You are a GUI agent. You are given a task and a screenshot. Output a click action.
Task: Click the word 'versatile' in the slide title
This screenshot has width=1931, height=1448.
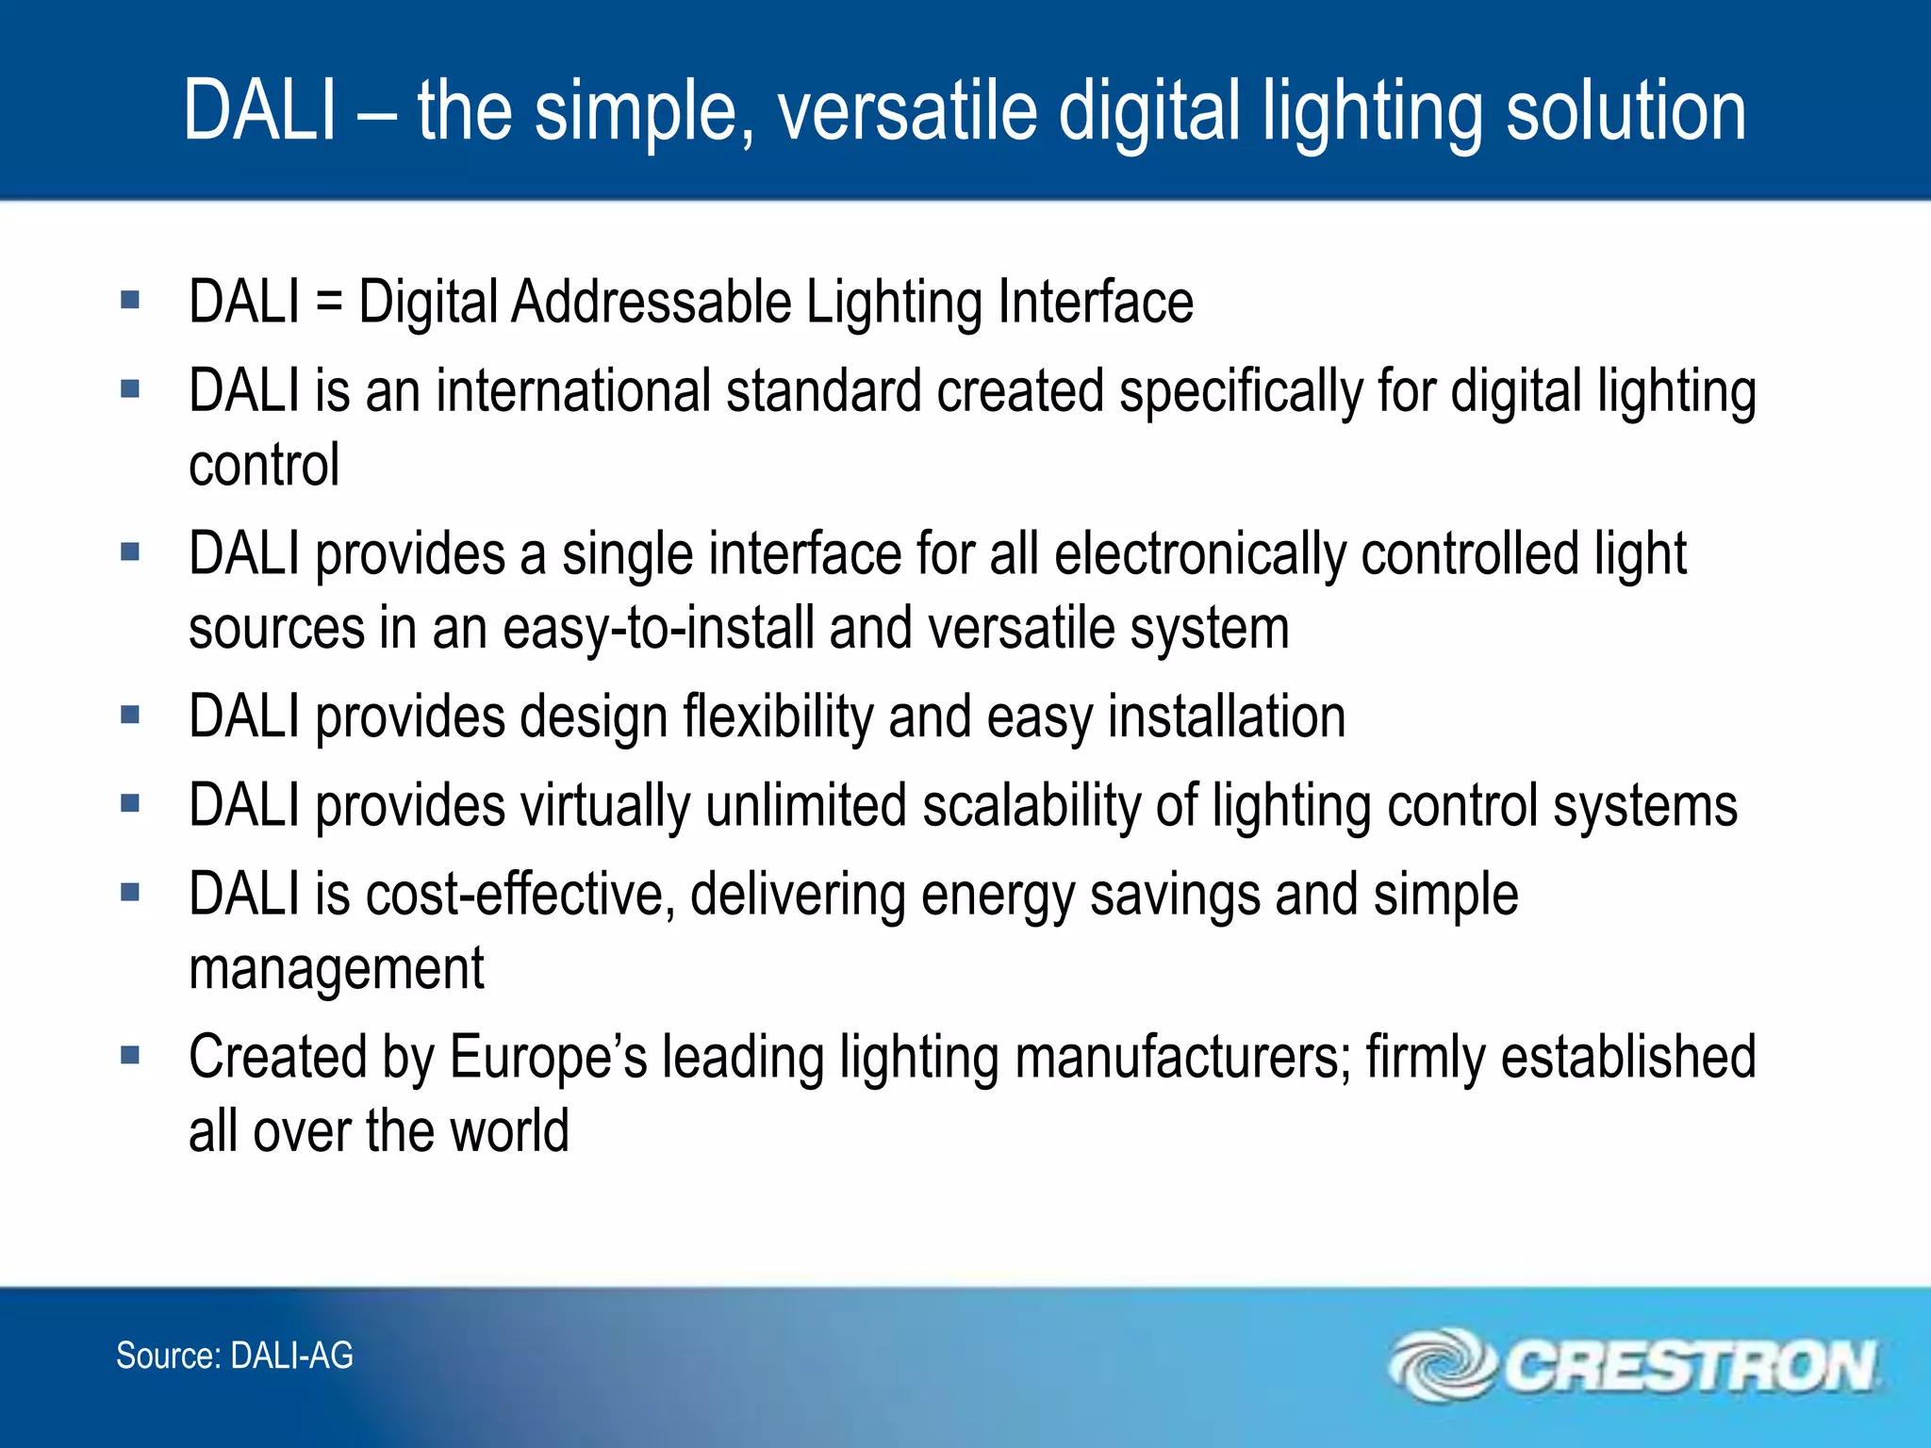(x=907, y=111)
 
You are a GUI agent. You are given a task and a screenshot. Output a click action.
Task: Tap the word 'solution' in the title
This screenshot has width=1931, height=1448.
(x=1626, y=111)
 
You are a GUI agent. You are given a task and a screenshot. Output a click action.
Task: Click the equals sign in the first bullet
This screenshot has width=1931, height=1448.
(x=329, y=302)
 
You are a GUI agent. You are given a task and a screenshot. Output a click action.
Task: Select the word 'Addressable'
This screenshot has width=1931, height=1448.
(x=651, y=302)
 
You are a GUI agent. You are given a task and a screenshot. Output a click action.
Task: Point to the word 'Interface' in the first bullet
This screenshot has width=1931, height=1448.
(x=1096, y=302)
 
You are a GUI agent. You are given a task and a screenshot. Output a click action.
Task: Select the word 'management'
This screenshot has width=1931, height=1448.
(x=337, y=969)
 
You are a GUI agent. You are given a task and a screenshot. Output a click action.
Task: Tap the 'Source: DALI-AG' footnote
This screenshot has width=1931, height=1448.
(x=235, y=1356)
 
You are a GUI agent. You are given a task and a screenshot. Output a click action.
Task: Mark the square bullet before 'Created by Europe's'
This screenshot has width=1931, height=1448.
(x=130, y=1055)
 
